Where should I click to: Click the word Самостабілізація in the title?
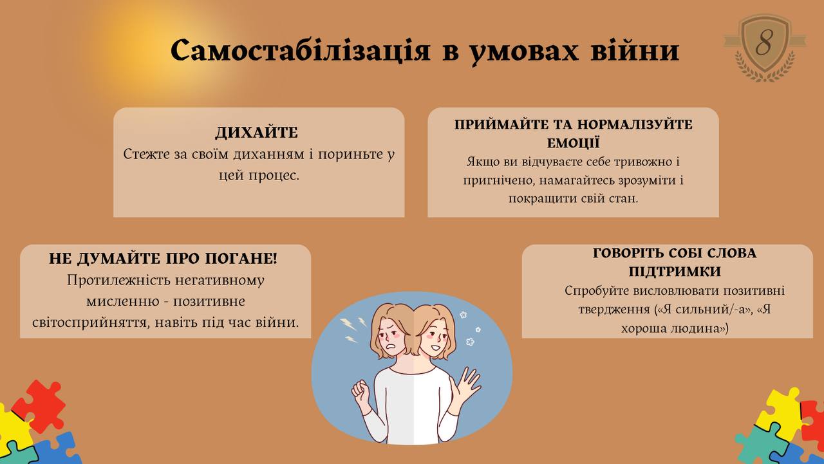(x=300, y=50)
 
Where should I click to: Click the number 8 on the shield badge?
(x=764, y=42)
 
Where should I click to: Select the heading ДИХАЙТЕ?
(x=256, y=133)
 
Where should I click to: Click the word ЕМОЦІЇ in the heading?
(x=573, y=143)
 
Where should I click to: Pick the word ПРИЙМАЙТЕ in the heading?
(x=501, y=125)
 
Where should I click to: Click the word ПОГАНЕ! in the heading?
(x=241, y=259)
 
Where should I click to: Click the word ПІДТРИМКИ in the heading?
(x=675, y=272)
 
